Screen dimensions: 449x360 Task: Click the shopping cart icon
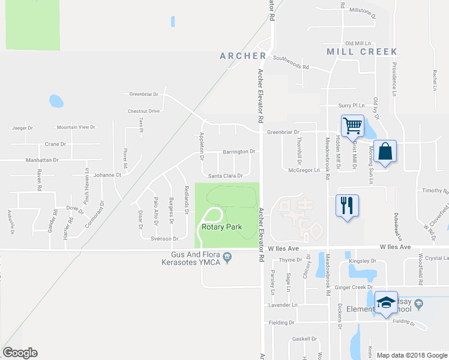tap(352, 126)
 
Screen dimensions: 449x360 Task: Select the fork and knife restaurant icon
tap(347, 206)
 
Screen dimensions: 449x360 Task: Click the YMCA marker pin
tap(227, 257)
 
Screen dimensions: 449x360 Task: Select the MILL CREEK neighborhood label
tap(363, 52)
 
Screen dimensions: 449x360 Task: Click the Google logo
tap(20, 353)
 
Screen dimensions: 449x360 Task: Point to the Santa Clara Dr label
tap(224, 176)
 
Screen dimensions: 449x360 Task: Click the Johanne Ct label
tap(107, 175)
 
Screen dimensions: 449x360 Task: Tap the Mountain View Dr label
tap(76, 127)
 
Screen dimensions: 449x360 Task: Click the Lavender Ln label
tap(283, 305)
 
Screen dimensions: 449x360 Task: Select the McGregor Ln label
tap(304, 170)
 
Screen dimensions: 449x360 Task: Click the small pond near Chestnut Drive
tap(56, 101)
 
